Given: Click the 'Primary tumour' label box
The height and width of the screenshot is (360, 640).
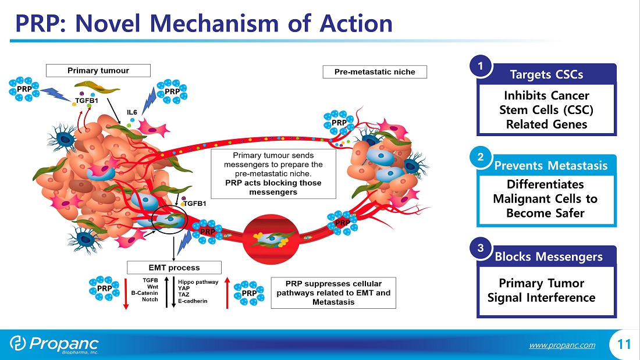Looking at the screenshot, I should point(98,70).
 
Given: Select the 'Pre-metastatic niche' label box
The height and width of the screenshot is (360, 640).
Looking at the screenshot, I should point(375,72).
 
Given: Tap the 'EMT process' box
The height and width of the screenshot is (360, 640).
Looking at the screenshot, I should point(174,268).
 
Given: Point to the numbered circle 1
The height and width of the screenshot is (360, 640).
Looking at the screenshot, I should point(481,67).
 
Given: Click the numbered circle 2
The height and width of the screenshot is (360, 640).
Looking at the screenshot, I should point(481,158).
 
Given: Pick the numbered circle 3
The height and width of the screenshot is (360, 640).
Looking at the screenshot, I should point(481,248).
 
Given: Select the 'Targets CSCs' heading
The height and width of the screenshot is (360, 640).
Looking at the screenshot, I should point(546,74).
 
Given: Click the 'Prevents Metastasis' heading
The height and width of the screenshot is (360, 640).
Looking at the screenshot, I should point(550,166).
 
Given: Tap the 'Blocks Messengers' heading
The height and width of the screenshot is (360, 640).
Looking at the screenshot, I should point(549,256).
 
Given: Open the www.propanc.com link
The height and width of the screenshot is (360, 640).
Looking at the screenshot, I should point(562,345).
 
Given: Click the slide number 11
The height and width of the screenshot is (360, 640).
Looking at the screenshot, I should point(624,344).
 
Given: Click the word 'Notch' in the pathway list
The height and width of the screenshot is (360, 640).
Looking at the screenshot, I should point(150,300).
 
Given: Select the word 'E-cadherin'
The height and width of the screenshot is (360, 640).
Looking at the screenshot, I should point(193,301).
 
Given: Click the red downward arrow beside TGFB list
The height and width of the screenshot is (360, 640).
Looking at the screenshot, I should point(125,294).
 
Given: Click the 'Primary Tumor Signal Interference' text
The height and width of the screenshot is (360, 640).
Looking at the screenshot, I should point(541,291).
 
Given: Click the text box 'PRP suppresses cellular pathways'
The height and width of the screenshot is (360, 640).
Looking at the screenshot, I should point(333,293).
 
